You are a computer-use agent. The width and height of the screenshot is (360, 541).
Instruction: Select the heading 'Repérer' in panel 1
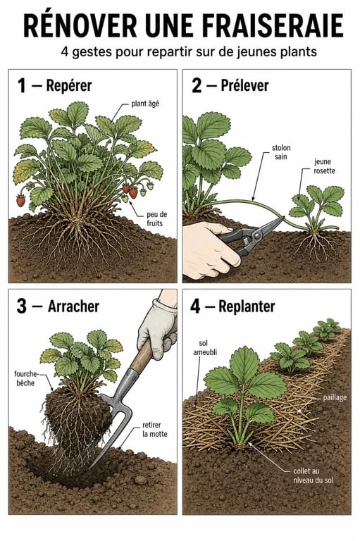69,85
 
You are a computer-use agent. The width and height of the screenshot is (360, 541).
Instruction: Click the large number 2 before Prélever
197,85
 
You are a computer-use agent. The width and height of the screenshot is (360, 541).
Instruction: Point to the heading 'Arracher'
73,306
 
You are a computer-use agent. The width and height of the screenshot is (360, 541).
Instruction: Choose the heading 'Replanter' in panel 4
247,306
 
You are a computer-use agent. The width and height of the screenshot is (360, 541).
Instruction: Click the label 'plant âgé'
145,104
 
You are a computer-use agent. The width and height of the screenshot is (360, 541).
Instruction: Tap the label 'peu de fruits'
156,219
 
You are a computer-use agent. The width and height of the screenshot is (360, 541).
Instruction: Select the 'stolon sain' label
281,152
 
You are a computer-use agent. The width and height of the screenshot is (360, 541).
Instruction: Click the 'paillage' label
335,398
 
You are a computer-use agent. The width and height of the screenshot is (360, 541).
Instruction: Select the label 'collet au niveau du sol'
313,475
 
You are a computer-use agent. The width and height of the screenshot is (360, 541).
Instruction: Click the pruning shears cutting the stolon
251,236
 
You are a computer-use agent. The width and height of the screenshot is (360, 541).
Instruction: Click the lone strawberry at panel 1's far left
20,201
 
